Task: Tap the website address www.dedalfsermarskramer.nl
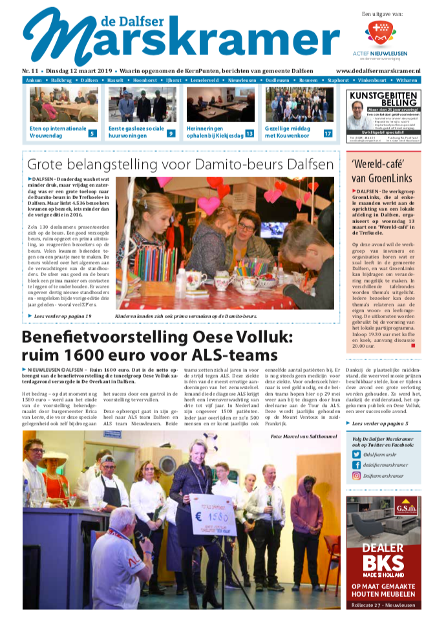click(x=378, y=70)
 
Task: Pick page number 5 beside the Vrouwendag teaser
click(x=92, y=133)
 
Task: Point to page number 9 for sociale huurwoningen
click(x=171, y=133)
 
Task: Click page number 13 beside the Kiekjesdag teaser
click(x=249, y=133)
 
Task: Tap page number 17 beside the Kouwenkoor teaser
click(x=328, y=133)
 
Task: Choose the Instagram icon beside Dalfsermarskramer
click(x=356, y=475)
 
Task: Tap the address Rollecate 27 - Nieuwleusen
click(x=384, y=605)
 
